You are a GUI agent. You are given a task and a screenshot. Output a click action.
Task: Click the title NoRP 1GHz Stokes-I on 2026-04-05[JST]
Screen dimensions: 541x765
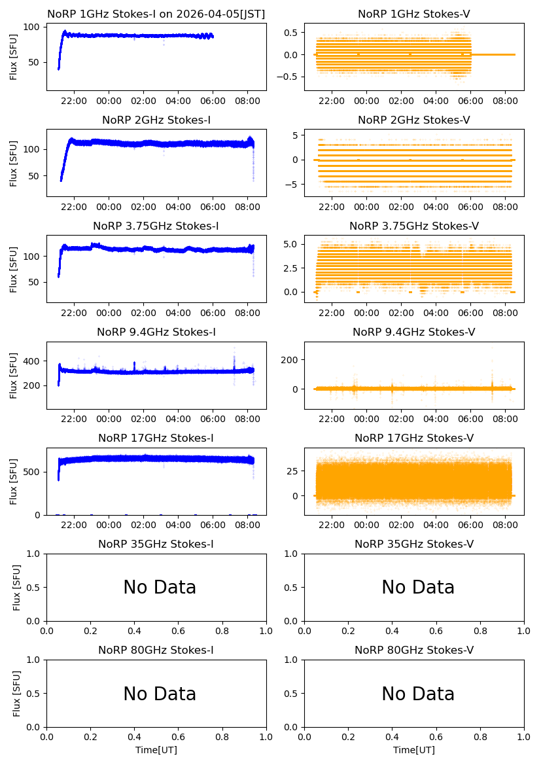pos(156,14)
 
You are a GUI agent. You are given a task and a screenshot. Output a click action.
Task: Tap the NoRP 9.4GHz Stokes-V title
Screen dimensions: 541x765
pos(413,332)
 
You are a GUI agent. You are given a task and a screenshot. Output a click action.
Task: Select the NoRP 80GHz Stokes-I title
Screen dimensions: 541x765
pos(156,650)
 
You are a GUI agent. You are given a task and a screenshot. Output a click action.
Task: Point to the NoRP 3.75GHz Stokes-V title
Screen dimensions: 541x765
pos(413,226)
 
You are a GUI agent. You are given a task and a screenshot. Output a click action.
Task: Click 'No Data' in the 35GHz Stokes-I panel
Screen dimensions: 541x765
pos(160,588)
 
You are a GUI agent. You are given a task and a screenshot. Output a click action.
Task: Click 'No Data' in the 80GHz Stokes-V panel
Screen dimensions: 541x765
pos(418,694)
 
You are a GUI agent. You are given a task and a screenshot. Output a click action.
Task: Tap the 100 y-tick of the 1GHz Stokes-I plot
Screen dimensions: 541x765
pos(31,27)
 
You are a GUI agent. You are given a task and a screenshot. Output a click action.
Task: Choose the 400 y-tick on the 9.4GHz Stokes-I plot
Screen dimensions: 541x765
pos(31,361)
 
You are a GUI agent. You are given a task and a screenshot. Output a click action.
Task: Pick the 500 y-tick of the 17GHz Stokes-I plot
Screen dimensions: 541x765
pos(31,472)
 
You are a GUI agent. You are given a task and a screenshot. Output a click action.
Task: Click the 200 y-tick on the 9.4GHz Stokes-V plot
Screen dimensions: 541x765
pos(289,360)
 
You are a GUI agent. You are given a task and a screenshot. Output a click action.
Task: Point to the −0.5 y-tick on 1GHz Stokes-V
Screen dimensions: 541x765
pos(287,77)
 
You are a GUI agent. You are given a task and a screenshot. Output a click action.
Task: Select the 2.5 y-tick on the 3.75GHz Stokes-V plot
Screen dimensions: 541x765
pos(290,268)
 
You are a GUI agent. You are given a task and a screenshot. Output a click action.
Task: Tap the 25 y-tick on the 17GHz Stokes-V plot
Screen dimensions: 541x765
pos(292,471)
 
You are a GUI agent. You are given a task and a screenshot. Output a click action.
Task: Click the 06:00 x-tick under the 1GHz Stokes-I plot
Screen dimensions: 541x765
pos(213,101)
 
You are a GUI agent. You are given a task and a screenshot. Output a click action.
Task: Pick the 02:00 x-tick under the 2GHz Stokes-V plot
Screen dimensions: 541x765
pos(401,207)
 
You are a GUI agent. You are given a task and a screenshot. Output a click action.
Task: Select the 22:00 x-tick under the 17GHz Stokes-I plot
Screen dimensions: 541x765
pos(74,525)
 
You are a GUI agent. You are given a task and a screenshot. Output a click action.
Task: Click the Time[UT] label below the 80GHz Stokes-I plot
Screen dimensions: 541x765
pos(156,750)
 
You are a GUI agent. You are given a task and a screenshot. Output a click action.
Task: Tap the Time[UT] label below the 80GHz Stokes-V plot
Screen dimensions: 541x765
pos(413,750)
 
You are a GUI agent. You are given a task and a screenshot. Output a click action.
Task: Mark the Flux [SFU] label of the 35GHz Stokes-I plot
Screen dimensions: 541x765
pos(16,588)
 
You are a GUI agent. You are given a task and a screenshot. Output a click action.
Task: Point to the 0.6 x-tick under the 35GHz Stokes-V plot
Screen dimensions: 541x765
pos(436,631)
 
